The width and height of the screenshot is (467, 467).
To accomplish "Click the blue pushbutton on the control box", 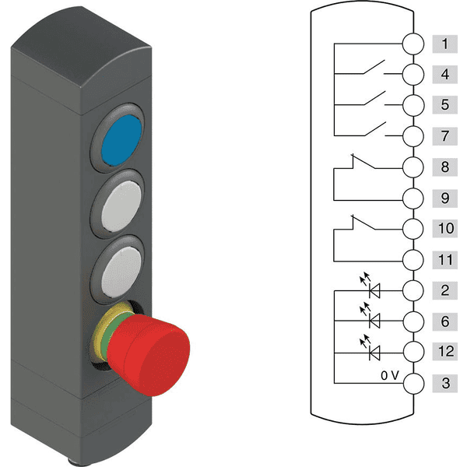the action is pos(121,139).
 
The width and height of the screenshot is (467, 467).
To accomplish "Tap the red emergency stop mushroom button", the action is pos(149,355).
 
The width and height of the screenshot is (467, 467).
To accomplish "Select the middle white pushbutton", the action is pos(121,206).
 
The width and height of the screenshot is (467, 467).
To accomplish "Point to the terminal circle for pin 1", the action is pos(413,44).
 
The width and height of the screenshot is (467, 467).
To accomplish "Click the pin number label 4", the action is pos(445,75).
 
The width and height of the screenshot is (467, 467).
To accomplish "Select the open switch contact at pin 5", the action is pos(374,99).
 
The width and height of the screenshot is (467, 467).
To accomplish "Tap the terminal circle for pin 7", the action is pos(413,136).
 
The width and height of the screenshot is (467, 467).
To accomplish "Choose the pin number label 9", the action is pos(445,198).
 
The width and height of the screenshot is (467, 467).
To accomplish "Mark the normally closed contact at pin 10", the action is pos(363,223).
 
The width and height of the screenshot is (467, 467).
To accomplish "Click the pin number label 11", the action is pos(445,260).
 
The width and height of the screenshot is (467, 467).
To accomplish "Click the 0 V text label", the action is pos(390,376).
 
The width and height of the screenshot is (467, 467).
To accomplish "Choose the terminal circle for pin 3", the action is pos(413,383).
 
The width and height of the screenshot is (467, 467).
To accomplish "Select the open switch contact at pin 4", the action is pos(374,67).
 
